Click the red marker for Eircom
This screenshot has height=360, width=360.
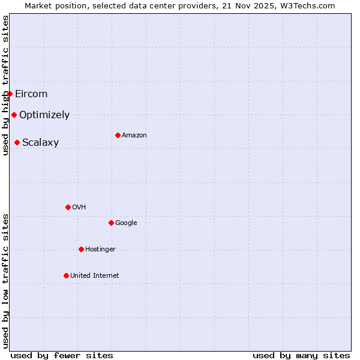click(10, 94)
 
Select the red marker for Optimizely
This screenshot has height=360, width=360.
click(14, 115)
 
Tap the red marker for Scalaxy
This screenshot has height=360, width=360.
click(17, 142)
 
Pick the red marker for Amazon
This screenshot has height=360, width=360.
click(118, 135)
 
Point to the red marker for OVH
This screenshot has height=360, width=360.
click(68, 207)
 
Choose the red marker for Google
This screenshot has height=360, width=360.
click(111, 223)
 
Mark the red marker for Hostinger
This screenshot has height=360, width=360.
click(81, 249)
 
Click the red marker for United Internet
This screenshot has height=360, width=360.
click(66, 275)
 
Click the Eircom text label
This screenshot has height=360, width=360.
click(31, 94)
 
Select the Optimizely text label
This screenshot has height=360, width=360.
click(44, 115)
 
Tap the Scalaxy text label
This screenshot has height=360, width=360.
click(40, 142)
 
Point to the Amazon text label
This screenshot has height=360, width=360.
click(134, 135)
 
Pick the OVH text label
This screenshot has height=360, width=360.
click(79, 207)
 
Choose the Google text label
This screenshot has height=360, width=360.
click(126, 223)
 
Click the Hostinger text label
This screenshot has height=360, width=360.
click(100, 249)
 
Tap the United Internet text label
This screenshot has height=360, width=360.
click(95, 275)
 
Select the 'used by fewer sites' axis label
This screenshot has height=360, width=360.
click(62, 355)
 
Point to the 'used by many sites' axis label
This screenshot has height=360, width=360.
click(301, 355)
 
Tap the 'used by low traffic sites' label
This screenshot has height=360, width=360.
click(5, 281)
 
